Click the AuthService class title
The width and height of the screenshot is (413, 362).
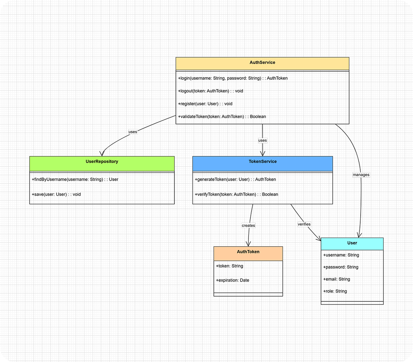262,63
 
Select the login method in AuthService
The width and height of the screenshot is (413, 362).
233,78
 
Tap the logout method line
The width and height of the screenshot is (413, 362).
211,91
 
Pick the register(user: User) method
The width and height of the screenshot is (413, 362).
205,104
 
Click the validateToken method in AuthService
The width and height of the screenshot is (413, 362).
222,116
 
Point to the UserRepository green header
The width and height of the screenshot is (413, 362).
101,162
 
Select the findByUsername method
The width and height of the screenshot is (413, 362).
75,180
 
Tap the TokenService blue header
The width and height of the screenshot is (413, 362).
263,162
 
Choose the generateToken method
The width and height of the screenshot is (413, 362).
235,180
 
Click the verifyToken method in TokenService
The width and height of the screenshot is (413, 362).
236,194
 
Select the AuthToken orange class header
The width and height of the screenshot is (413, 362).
248,252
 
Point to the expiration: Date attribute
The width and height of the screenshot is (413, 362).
233,280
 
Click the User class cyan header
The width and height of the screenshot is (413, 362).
352,243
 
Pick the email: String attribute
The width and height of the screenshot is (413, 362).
337,279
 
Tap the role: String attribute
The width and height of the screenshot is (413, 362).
335,291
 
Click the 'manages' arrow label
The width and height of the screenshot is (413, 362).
361,175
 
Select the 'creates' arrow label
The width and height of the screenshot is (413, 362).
248,225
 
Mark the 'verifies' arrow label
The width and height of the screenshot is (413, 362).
304,224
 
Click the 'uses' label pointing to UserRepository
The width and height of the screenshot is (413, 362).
133,132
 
